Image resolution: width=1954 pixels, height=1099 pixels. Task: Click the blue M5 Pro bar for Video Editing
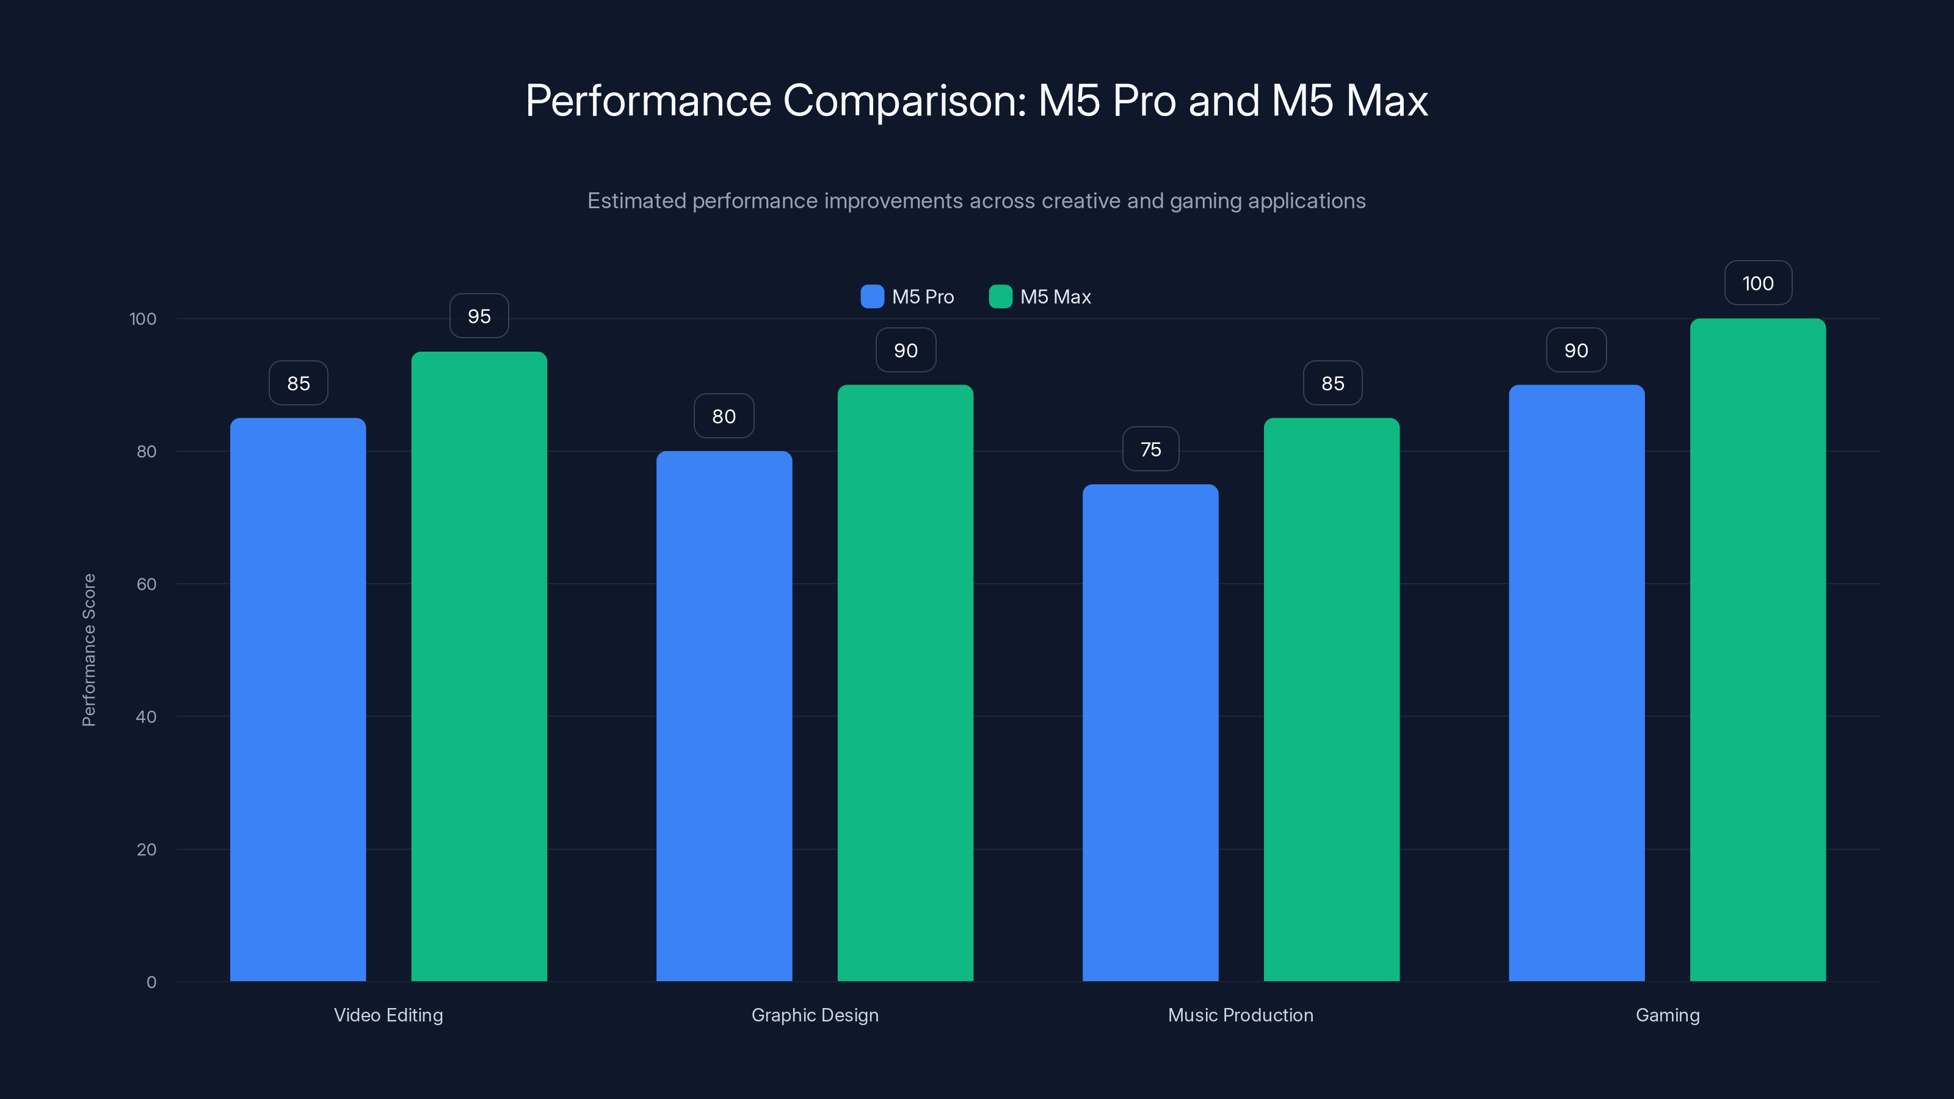point(297,698)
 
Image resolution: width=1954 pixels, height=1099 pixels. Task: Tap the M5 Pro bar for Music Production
point(1150,732)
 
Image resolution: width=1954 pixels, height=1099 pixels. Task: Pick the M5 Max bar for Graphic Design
point(905,683)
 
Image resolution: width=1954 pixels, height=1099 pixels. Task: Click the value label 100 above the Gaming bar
point(1757,283)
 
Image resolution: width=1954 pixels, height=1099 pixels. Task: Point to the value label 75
point(1150,449)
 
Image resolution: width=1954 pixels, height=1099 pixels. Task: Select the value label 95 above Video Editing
point(479,316)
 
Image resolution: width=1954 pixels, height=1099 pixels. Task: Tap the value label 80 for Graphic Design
point(724,416)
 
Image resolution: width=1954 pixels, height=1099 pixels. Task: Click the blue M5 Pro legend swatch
point(873,297)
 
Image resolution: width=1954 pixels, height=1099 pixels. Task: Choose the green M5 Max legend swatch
point(1001,297)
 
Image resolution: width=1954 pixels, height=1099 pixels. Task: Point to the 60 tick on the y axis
point(147,584)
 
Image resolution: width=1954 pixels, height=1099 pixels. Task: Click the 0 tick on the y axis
point(151,982)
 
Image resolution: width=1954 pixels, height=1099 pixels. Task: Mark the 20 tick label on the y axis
point(147,849)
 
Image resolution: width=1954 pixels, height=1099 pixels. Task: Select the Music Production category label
point(1240,1015)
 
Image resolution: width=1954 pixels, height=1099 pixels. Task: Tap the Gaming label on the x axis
point(1667,1015)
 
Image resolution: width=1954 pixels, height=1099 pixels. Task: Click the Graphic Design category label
point(815,1015)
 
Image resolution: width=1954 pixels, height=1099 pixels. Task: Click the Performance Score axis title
point(89,650)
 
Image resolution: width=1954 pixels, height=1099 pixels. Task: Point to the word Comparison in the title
point(904,100)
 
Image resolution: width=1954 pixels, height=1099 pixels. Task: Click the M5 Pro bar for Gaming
point(1576,683)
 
